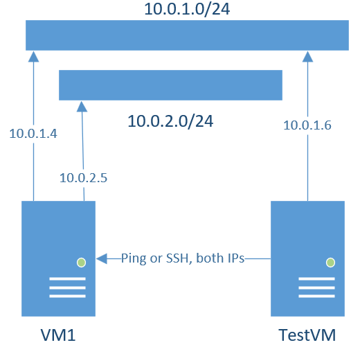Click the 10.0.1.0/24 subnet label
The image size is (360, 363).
click(188, 10)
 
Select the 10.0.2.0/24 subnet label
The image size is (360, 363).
click(170, 121)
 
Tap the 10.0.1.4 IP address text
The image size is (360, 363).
click(33, 134)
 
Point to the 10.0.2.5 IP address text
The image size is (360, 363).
click(83, 178)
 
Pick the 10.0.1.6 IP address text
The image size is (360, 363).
click(308, 125)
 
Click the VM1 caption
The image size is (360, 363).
click(57, 337)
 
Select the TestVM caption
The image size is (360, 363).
click(307, 337)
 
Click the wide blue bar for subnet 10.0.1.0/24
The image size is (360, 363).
click(187, 35)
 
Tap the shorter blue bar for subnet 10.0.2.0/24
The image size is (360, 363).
click(170, 85)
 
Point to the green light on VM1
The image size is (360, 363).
click(82, 263)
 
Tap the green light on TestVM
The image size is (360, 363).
click(330, 263)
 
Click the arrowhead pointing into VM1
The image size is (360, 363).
click(102, 259)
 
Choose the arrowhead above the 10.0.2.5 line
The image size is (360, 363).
click(82, 106)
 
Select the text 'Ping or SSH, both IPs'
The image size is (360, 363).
click(182, 259)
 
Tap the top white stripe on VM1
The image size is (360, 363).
click(67, 280)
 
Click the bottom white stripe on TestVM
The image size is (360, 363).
click(316, 296)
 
